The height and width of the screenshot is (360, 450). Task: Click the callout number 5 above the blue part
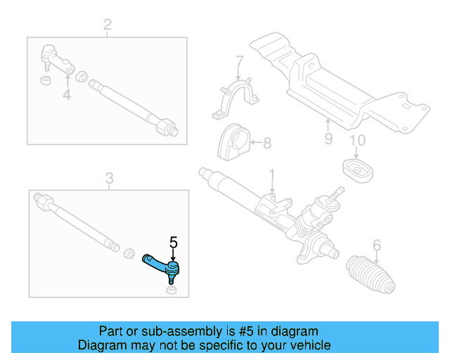pyautogui.click(x=174, y=244)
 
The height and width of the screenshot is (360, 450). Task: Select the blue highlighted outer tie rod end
pyautogui.click(x=161, y=263)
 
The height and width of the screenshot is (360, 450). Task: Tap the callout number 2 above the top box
pyautogui.click(x=107, y=26)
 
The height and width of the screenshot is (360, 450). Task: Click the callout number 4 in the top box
pyautogui.click(x=67, y=94)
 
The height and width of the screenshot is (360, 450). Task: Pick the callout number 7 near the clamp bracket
pyautogui.click(x=239, y=60)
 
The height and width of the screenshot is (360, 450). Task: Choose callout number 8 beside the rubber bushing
pyautogui.click(x=266, y=143)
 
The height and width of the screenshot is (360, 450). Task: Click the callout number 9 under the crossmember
pyautogui.click(x=328, y=139)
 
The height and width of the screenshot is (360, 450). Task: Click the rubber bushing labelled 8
pyautogui.click(x=234, y=143)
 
